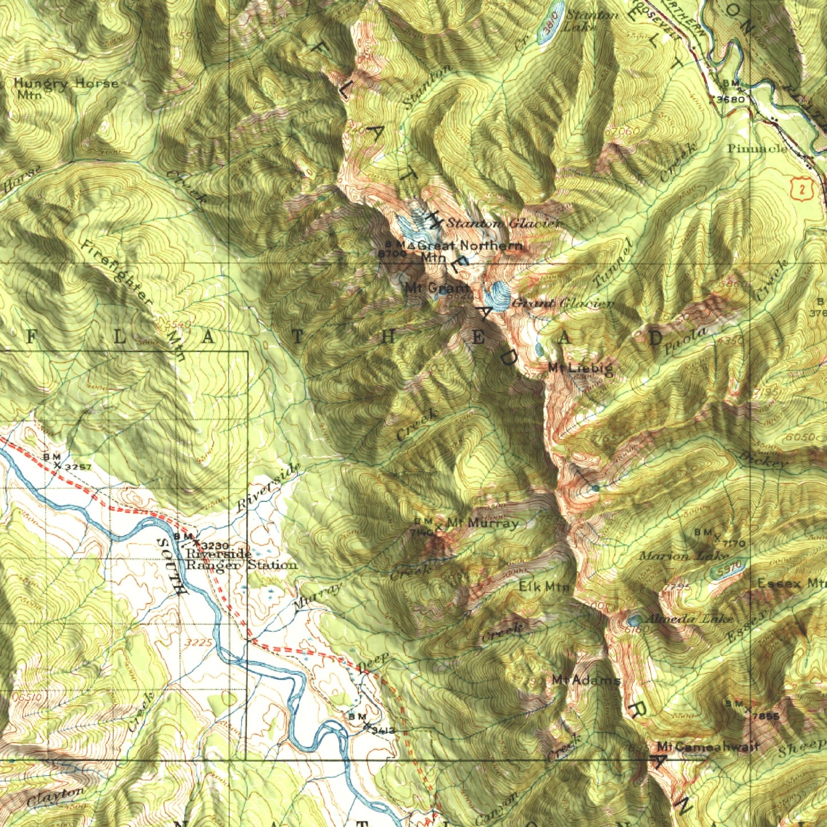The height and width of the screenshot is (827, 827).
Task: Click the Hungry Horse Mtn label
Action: coord(65,88)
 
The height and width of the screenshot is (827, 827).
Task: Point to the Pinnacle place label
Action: coord(757,149)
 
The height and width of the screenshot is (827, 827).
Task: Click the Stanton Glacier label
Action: coord(502,223)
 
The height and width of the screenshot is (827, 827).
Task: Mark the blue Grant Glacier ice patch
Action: coord(496,296)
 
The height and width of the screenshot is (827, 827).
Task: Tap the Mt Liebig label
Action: coord(580,367)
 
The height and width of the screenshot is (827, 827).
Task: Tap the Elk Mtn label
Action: coord(544,587)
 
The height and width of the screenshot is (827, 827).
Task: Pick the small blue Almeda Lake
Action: coord(634,620)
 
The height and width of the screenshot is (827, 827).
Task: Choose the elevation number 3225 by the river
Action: coord(199,643)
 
